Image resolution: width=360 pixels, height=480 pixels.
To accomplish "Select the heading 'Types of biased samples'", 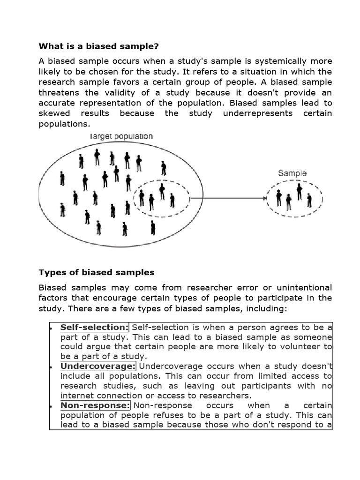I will [96, 272].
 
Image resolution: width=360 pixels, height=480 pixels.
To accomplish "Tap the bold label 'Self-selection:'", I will [94, 327].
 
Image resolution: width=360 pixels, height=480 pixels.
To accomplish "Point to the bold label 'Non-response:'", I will [95, 405].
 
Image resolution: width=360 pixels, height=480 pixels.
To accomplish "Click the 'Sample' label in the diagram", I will [292, 173].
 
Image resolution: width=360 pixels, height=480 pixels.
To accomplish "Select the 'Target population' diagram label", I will [121, 136].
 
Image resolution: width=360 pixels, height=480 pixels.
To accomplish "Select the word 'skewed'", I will [54, 113].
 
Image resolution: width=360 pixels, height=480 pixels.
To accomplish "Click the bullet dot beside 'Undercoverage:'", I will [50, 366].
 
